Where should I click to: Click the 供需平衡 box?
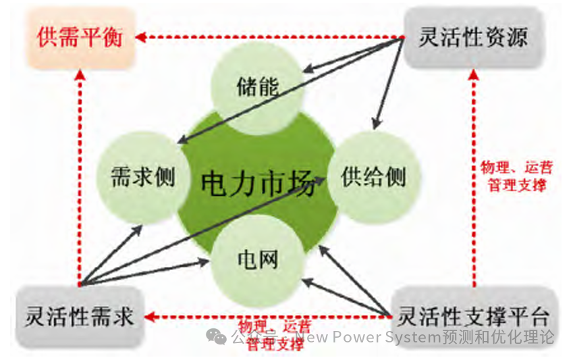point(79,36)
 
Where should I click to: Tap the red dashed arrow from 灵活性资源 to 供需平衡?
point(270,37)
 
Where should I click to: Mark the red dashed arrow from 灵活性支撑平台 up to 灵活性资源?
point(474,176)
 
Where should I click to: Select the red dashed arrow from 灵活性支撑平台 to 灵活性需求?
point(270,315)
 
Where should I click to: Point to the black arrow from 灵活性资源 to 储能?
point(351,53)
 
